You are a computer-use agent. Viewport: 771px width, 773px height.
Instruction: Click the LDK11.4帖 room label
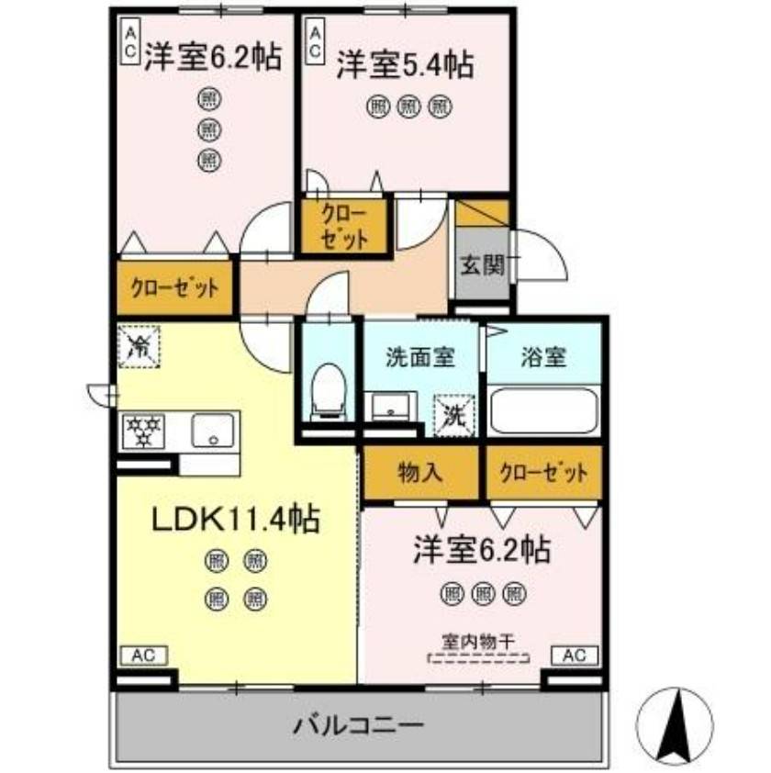(x=235, y=521)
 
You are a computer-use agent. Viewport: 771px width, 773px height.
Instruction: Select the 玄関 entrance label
(x=482, y=266)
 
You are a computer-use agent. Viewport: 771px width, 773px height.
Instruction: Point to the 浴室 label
(x=544, y=356)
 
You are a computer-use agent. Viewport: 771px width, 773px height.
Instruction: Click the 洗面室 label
(x=419, y=356)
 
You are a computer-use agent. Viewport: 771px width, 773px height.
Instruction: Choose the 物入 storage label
(x=421, y=473)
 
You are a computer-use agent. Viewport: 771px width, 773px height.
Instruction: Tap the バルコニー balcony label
(x=359, y=724)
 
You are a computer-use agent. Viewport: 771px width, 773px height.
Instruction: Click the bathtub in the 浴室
(x=543, y=411)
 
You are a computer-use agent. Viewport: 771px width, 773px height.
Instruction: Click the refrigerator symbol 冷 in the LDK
(x=139, y=346)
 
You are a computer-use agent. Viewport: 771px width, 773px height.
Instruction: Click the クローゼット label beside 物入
(x=543, y=473)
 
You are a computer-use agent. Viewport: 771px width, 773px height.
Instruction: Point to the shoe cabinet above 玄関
(x=482, y=213)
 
